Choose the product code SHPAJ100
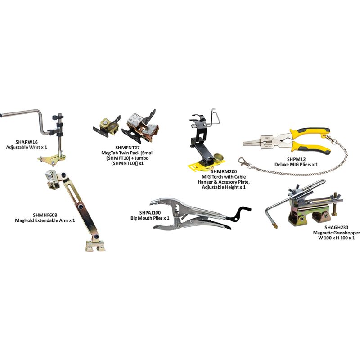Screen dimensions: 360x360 (137, 212)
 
